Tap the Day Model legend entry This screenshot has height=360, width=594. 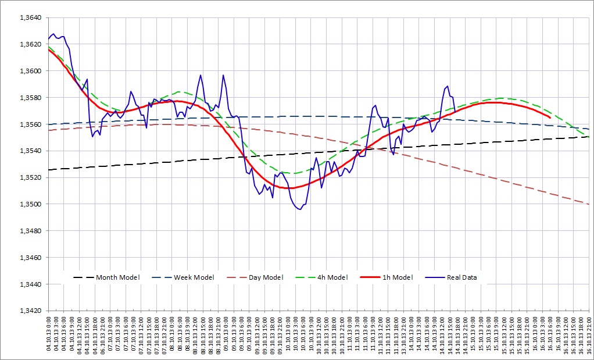coord(266,277)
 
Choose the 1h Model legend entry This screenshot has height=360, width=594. coord(397,277)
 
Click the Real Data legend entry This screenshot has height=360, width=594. coord(461,277)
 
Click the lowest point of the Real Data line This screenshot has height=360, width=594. coord(299,209)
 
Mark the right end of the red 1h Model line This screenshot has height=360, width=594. coord(550,117)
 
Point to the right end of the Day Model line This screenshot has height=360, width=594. coord(589,204)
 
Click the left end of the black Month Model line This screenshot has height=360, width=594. coord(49,170)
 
